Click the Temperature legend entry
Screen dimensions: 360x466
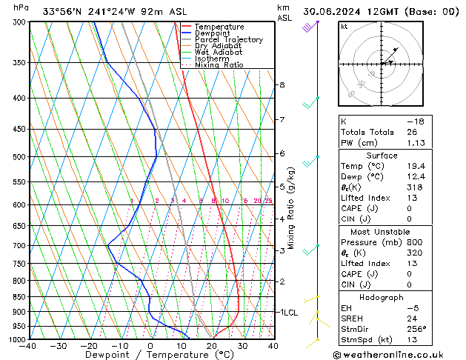[219, 27]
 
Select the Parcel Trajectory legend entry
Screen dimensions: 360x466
[228, 40]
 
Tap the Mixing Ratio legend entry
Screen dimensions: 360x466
[219, 65]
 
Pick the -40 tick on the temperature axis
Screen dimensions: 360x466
[29, 346]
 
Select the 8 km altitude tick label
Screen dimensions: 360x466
[282, 85]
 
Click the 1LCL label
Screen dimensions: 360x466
[288, 313]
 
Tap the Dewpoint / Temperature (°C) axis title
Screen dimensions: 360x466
[151, 355]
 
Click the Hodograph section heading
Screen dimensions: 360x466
[382, 297]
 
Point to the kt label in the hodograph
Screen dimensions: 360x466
[344, 27]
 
